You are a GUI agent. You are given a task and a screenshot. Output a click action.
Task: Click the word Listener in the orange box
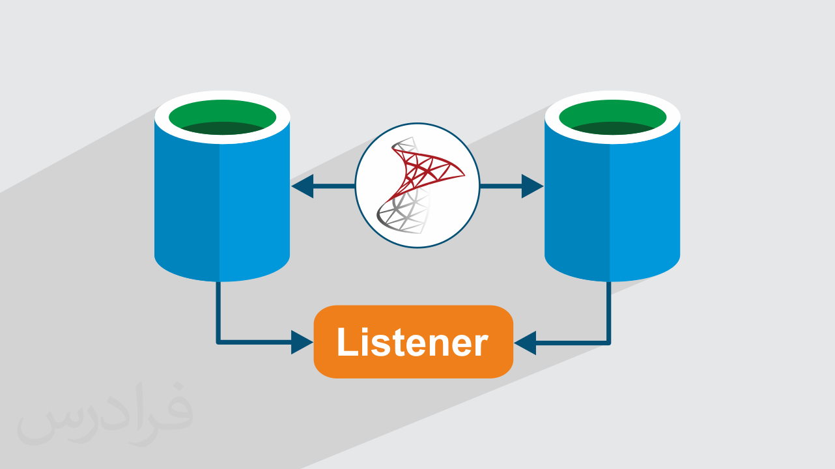pos(413,343)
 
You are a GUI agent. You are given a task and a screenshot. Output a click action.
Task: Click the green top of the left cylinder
pos(222,115)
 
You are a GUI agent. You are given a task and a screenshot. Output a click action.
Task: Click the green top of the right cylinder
pos(612,115)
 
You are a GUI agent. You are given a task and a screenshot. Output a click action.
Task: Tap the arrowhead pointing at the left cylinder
pos(302,187)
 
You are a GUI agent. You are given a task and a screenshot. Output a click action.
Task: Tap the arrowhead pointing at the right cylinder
pos(533,187)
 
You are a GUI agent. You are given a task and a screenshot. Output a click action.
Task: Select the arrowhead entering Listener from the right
pos(525,342)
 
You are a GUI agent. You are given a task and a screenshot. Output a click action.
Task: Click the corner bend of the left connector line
pos(219,341)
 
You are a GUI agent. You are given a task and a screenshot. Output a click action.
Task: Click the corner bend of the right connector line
pos(609,341)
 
